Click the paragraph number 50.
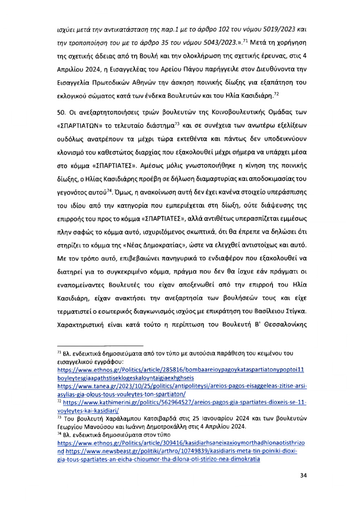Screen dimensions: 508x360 59,112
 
